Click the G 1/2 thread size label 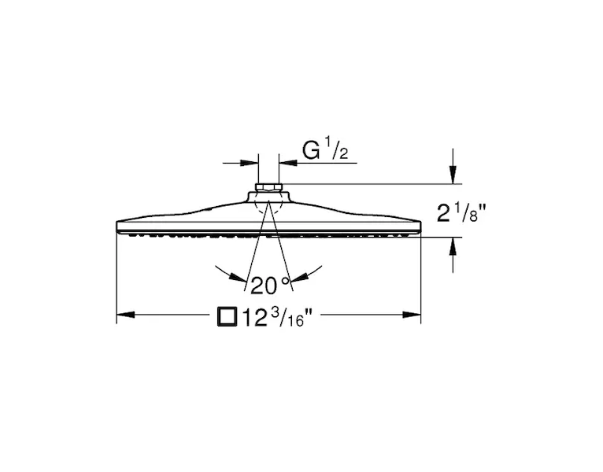point(325,150)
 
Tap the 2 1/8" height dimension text point(461,213)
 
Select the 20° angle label point(269,286)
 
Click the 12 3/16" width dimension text point(276,318)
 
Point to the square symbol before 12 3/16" point(227,317)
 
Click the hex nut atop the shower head point(268,187)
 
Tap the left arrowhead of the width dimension point(125,315)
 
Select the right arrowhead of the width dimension point(412,315)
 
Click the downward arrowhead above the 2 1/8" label point(453,175)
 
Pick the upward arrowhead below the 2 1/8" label point(453,246)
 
